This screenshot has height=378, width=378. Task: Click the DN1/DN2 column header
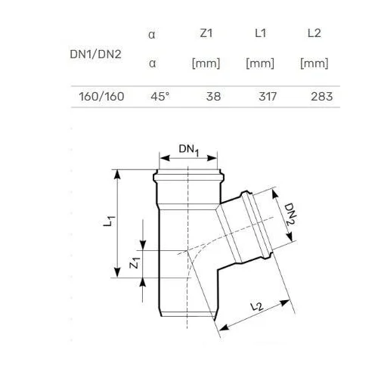(95, 54)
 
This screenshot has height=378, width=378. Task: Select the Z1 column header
(206, 33)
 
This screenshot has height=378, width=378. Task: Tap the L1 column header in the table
(260, 33)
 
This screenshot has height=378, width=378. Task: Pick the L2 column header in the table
(314, 33)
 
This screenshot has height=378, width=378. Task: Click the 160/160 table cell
(101, 97)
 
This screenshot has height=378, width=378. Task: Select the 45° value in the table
(160, 97)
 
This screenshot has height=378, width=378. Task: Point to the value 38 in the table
(213, 97)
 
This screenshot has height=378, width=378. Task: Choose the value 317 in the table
(268, 97)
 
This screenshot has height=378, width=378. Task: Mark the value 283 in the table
(322, 97)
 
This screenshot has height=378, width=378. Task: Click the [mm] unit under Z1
(206, 63)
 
